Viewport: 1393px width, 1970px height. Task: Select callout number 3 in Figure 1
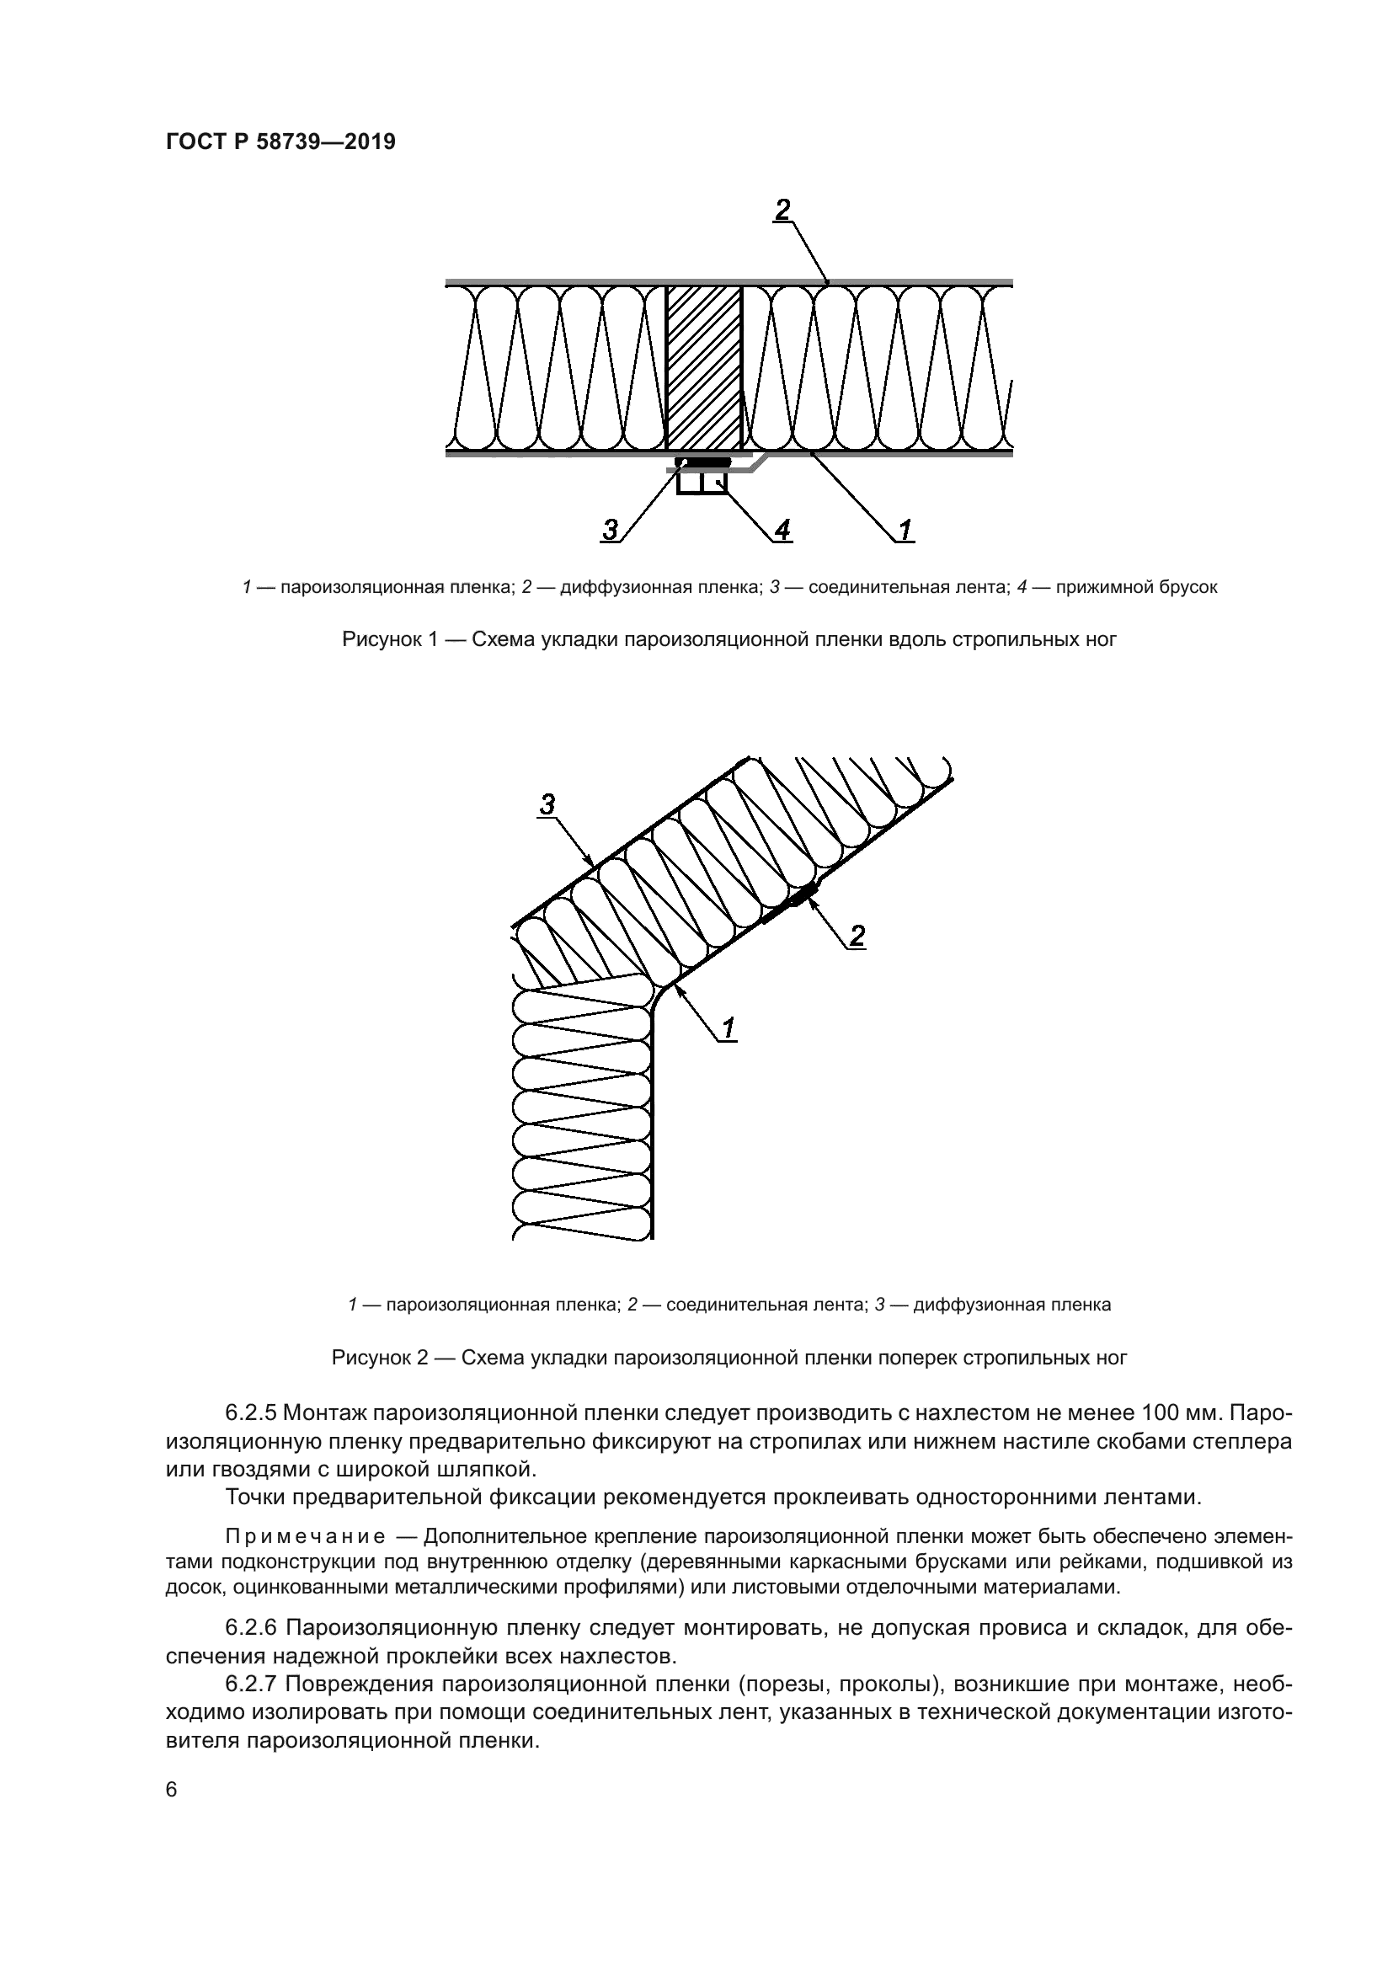pyautogui.click(x=610, y=531)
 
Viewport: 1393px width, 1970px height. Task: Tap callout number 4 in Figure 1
pyautogui.click(x=782, y=531)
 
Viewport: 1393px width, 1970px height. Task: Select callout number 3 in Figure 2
pyautogui.click(x=547, y=804)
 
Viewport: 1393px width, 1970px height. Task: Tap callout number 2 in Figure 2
pyautogui.click(x=857, y=936)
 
